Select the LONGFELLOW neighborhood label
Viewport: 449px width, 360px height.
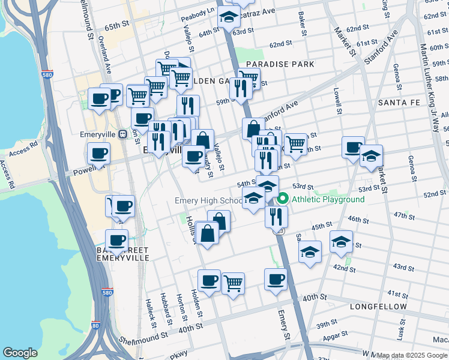(379, 307)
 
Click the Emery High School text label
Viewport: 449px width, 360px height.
(208, 200)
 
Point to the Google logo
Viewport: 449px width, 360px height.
(20, 352)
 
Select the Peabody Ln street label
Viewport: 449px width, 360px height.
(202, 11)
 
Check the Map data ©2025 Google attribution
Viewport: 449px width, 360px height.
(412, 355)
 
